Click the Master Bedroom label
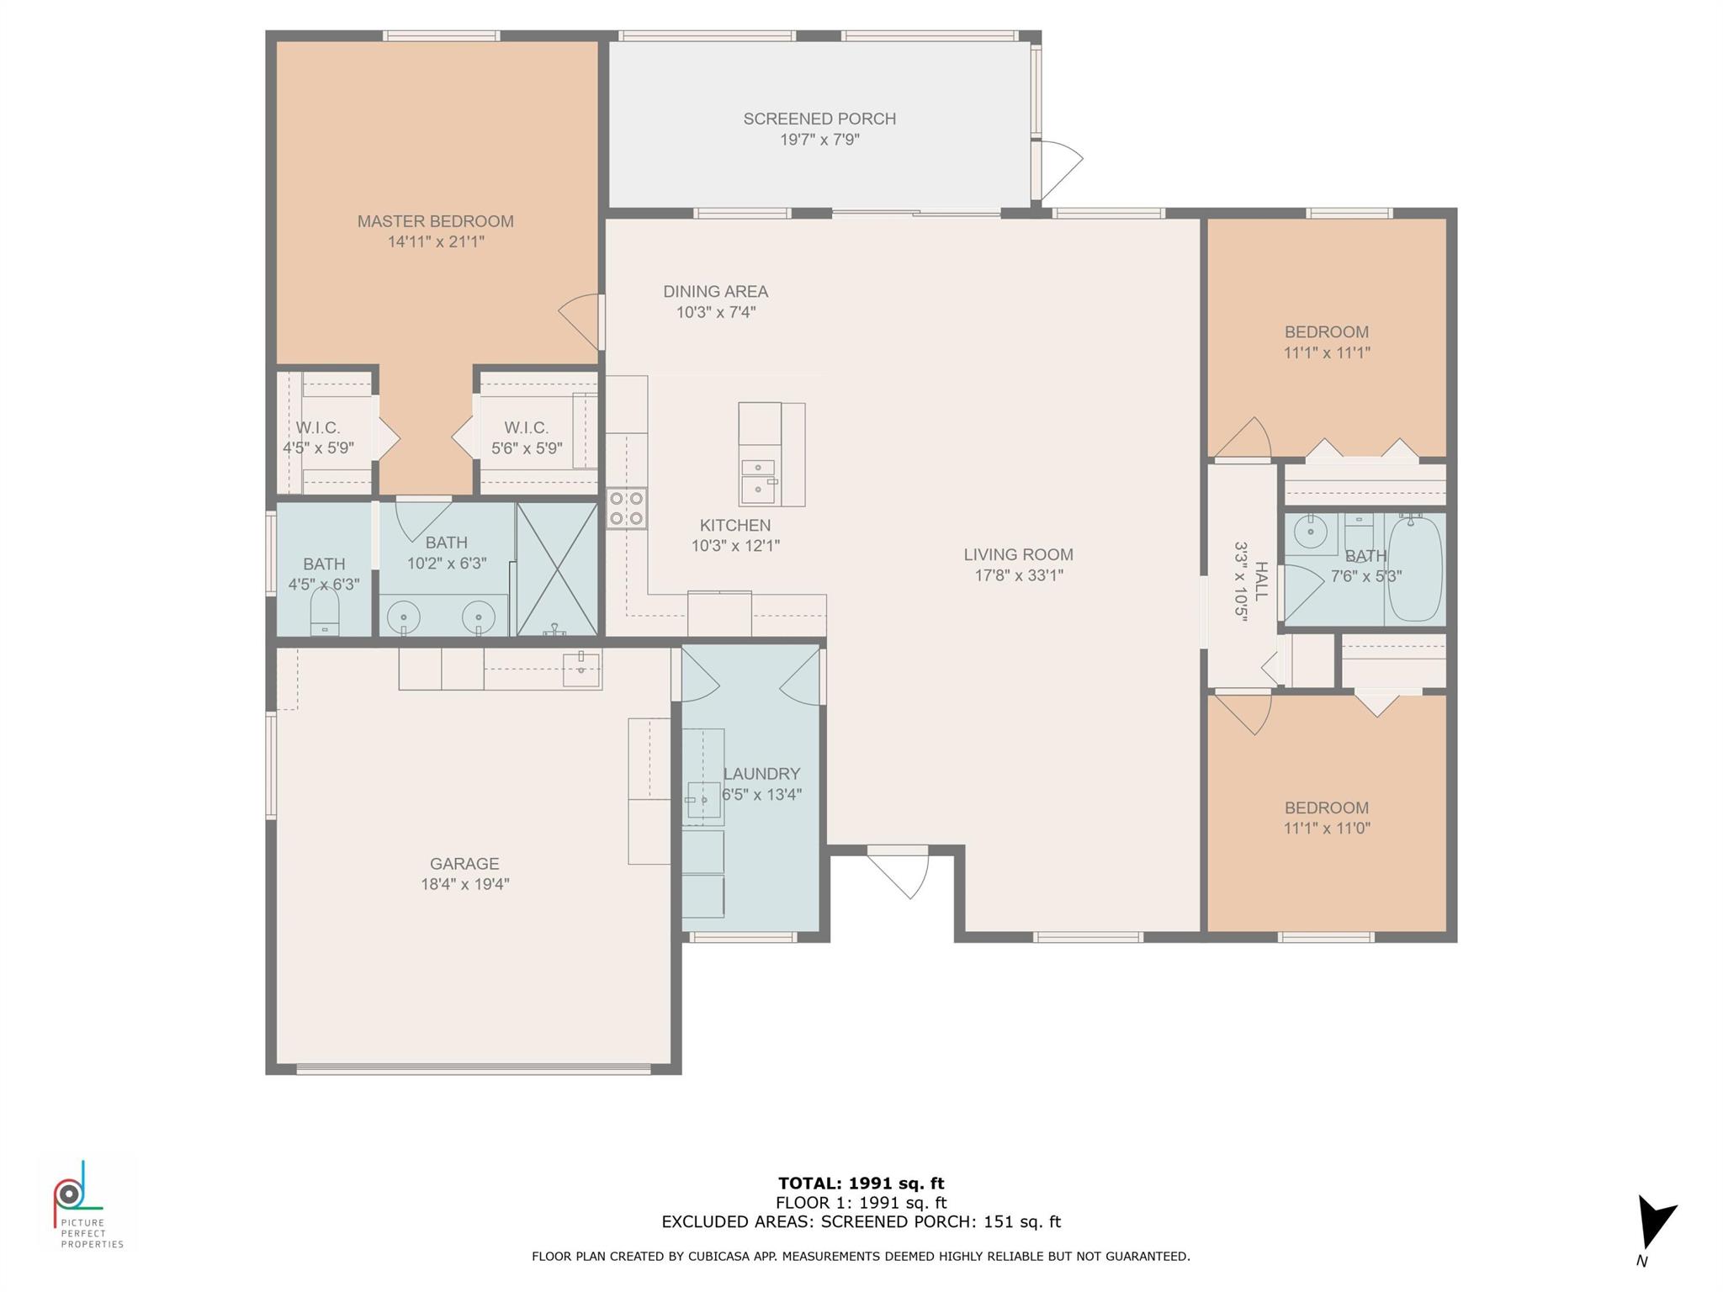point(435,221)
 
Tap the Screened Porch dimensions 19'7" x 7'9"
point(819,140)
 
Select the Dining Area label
point(715,292)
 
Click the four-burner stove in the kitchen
point(627,508)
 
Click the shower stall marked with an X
point(556,569)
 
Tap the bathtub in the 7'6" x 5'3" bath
point(1415,570)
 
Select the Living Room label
point(1018,555)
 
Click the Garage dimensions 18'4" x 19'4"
point(464,884)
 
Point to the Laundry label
point(761,774)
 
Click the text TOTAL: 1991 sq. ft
point(861,1183)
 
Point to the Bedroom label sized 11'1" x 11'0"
point(1327,808)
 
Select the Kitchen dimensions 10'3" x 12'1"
point(735,546)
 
